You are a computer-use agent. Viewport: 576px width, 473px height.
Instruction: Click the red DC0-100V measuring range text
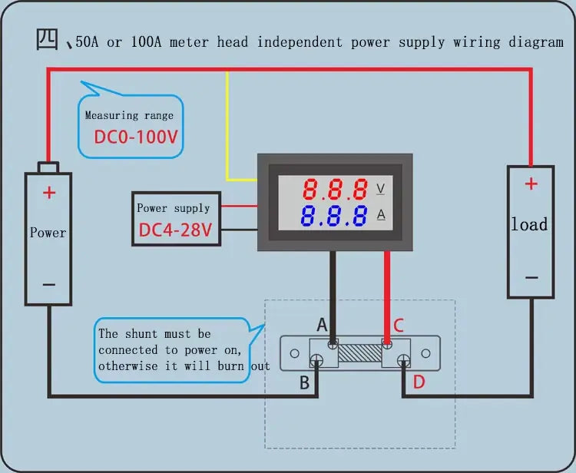[136, 137]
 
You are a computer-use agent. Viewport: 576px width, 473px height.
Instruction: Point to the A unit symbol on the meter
[380, 215]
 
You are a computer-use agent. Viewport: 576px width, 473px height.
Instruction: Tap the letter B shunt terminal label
[305, 382]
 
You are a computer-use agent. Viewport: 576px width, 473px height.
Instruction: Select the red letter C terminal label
[398, 326]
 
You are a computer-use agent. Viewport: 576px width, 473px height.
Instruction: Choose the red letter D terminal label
[418, 382]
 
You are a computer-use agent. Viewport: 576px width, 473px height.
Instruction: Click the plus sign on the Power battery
[49, 193]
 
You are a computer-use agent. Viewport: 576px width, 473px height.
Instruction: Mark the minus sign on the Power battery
[49, 284]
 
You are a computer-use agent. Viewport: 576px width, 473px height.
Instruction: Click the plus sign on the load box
[530, 184]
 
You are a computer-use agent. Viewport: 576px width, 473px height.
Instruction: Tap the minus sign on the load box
[530, 278]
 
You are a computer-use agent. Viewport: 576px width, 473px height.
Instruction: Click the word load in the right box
[530, 225]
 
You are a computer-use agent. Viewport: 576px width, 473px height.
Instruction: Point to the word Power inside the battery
[48, 233]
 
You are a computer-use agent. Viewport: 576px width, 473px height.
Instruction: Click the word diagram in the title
[536, 42]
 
